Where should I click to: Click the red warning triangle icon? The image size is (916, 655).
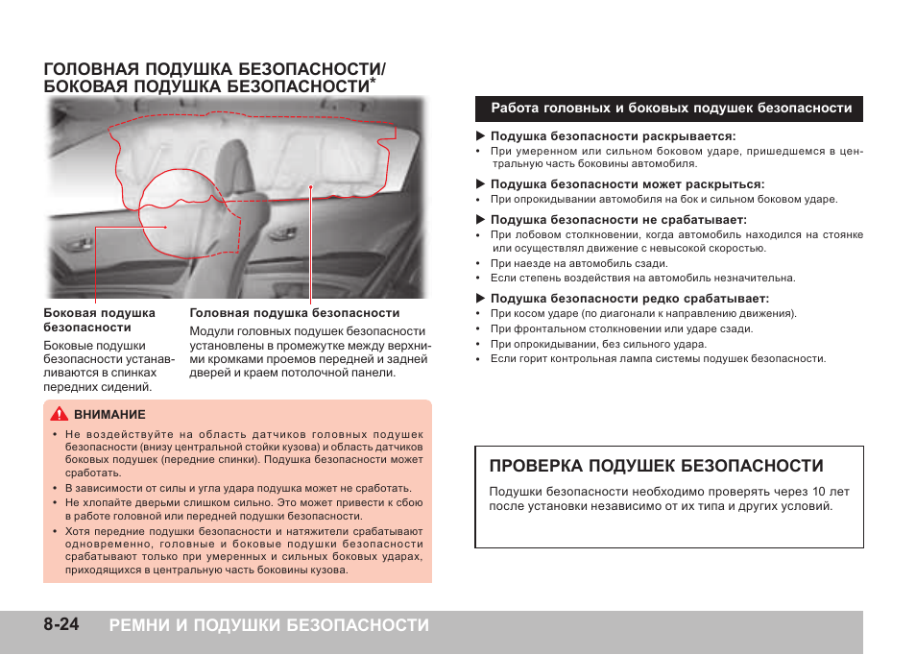pos(60,415)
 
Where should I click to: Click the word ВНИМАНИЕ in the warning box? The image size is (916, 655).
pos(109,415)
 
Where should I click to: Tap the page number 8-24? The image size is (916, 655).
pos(61,625)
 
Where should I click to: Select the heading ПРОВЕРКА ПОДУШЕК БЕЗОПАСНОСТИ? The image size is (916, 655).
pos(656,467)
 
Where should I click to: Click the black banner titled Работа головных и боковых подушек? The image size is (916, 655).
pos(670,109)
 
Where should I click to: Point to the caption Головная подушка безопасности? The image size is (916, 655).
pos(295,313)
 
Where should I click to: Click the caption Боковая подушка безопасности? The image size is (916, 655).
pos(99,320)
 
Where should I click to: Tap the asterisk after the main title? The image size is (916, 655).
pos(373,82)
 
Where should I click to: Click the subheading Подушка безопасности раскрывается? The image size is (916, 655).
pos(613,136)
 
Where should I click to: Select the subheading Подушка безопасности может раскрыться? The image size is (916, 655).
pos(627,184)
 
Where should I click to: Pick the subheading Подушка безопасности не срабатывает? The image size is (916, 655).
pos(618,220)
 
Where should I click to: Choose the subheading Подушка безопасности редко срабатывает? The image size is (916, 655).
pos(629,299)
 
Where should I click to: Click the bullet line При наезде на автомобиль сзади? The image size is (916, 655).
pos(578,263)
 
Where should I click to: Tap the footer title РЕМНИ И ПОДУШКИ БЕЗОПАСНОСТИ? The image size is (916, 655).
pos(269,625)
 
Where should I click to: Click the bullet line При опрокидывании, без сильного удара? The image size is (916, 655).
pos(598,344)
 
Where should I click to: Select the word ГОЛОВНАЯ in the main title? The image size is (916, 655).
pos(87,69)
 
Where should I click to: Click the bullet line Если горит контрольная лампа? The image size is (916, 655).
pos(658,359)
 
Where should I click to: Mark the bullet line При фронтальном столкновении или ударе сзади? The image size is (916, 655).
pos(621,328)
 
